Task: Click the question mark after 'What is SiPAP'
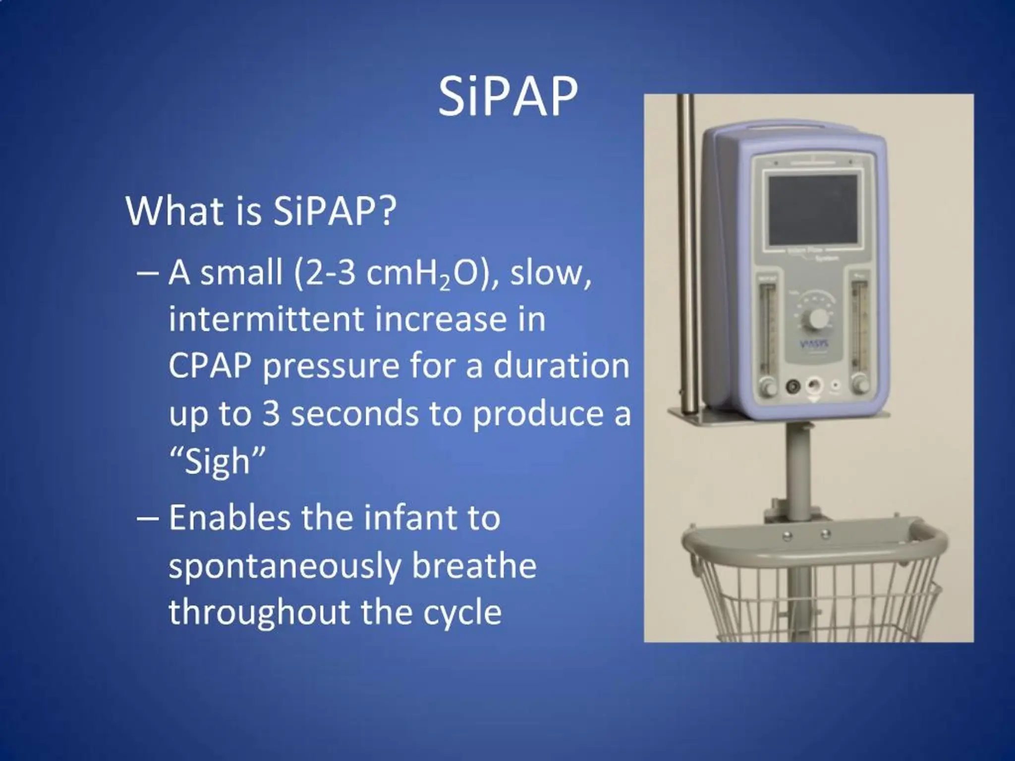tap(387, 212)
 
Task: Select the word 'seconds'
tap(354, 414)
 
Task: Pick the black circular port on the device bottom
tap(793, 385)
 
